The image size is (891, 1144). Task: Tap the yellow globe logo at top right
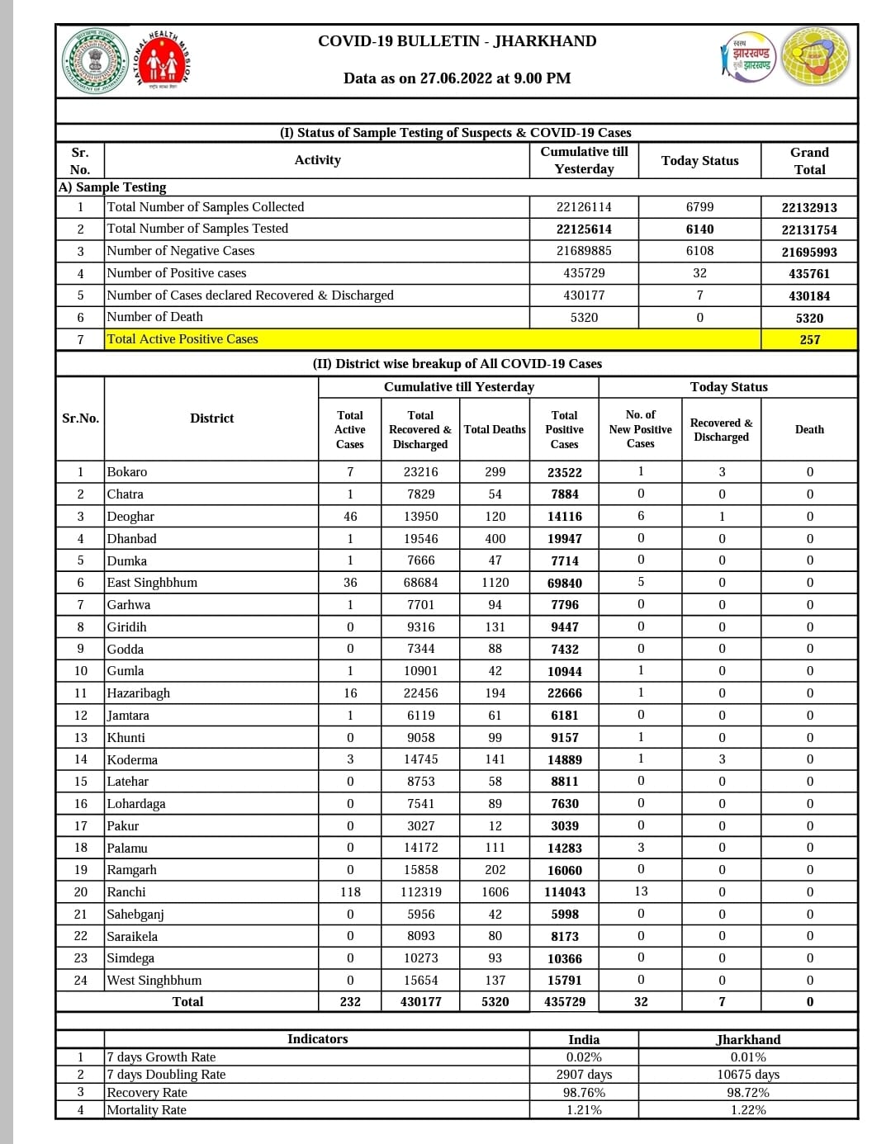click(815, 56)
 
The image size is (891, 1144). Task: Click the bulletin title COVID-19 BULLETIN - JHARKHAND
click(457, 41)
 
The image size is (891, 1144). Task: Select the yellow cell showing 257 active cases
click(809, 339)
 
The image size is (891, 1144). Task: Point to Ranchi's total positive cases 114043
click(564, 892)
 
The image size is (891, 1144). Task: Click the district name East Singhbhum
click(152, 583)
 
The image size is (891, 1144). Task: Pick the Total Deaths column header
click(495, 429)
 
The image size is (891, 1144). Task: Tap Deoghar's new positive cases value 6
click(641, 516)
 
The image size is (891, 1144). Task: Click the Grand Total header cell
click(809, 161)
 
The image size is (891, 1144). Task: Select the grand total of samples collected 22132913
click(809, 207)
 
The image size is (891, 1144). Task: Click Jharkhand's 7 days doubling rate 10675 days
click(747, 1075)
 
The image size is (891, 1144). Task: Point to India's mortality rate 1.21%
click(584, 1110)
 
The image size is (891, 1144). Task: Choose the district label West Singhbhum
click(154, 981)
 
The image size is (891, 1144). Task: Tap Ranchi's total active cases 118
click(350, 892)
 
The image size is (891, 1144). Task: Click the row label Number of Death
click(154, 317)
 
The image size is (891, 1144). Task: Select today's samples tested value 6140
click(699, 229)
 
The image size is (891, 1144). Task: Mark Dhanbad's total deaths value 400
click(495, 538)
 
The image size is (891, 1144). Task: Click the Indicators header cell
click(317, 1039)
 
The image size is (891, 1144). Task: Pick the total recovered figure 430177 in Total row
click(420, 1002)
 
